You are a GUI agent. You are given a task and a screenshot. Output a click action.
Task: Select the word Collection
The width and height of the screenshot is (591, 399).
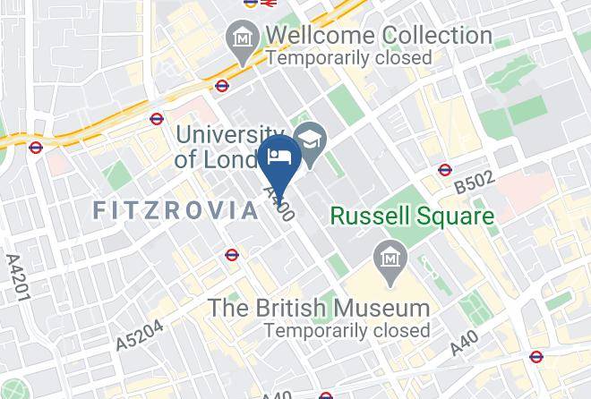[437, 37]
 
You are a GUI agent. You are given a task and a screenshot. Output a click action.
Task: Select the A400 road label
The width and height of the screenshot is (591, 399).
[278, 204]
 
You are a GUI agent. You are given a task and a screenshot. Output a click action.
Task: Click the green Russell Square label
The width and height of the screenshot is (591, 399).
[413, 216]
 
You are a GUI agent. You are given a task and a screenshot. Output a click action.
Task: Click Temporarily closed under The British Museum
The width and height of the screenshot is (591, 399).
[347, 329]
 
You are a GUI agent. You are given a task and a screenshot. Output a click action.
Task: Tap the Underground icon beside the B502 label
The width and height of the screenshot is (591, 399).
[445, 170]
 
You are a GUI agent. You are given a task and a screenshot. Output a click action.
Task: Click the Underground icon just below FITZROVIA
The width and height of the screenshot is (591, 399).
[232, 255]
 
